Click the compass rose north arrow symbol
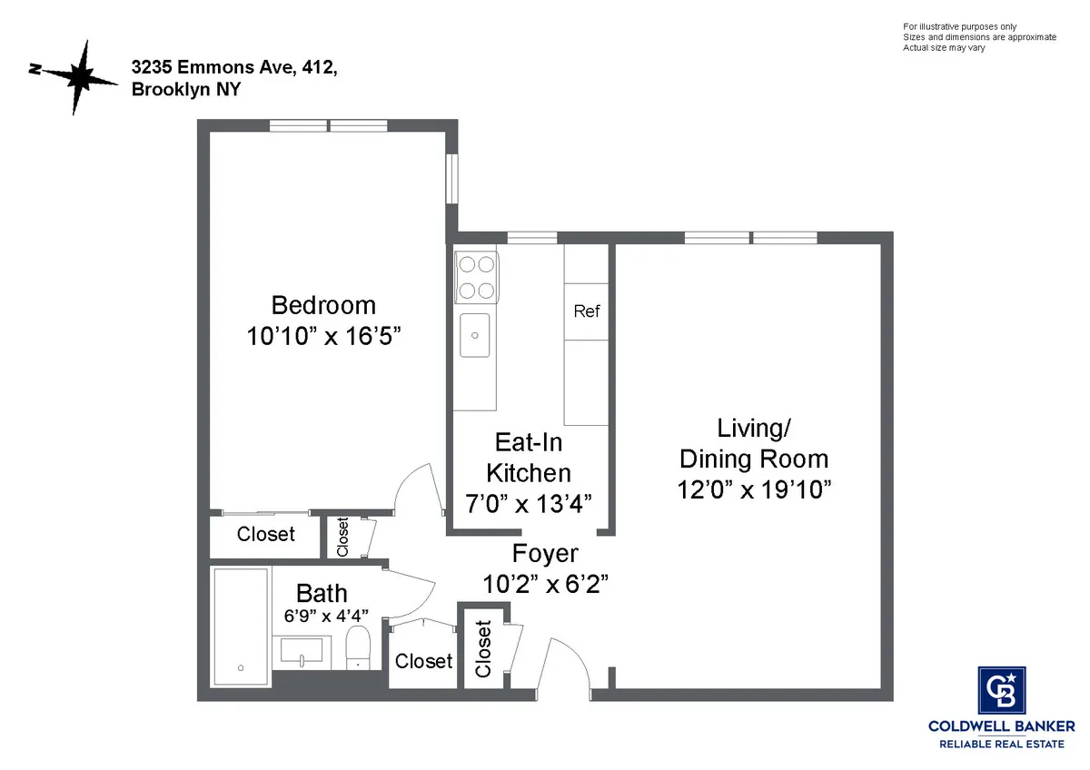pyautogui.click(x=80, y=77)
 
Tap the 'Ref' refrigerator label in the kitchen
pyautogui.click(x=587, y=311)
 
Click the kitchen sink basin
pyautogui.click(x=475, y=335)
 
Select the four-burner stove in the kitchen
pyautogui.click(x=476, y=277)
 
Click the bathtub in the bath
pyautogui.click(x=241, y=627)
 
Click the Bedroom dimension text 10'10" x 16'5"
pyautogui.click(x=323, y=336)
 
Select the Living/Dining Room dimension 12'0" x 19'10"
pyautogui.click(x=754, y=489)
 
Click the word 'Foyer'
pyautogui.click(x=545, y=553)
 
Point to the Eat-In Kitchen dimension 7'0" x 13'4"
pyautogui.click(x=528, y=504)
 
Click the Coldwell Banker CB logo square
pyautogui.click(x=1002, y=691)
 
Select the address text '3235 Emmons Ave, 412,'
pyautogui.click(x=226, y=67)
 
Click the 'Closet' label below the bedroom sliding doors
pyautogui.click(x=265, y=534)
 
